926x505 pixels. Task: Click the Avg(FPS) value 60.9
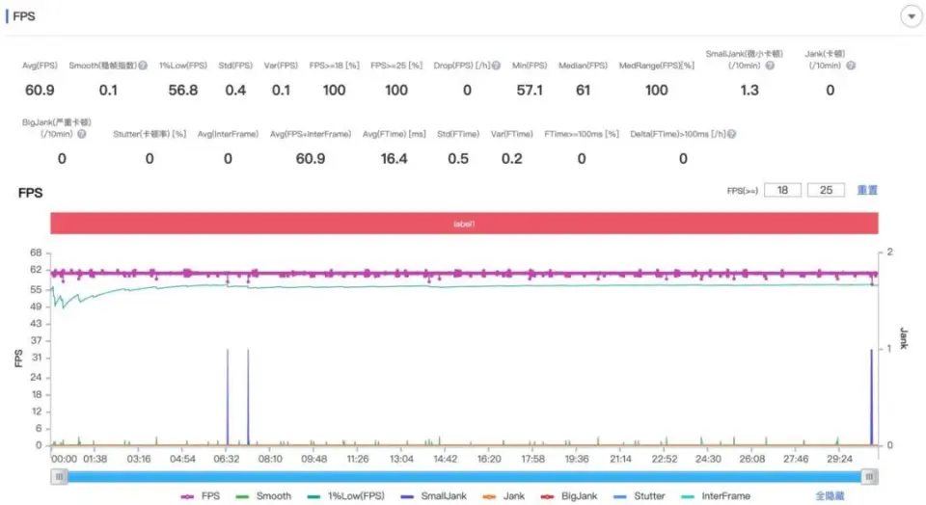(x=39, y=91)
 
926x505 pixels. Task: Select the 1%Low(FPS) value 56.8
(x=183, y=91)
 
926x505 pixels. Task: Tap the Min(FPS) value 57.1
(x=530, y=91)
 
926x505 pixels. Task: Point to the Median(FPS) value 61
(x=582, y=91)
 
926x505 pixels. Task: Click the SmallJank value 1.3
(x=749, y=91)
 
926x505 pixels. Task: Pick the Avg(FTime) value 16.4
(x=394, y=159)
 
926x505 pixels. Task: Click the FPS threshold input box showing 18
(x=782, y=191)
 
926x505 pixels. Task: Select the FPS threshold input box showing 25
(x=826, y=191)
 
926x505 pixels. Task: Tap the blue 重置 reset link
(x=867, y=191)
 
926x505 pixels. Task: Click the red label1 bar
(x=464, y=223)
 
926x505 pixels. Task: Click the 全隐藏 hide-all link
(x=830, y=495)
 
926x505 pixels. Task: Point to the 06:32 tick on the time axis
(x=227, y=460)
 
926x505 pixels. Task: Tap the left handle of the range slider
(x=60, y=476)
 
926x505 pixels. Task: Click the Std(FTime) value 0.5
(x=459, y=159)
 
